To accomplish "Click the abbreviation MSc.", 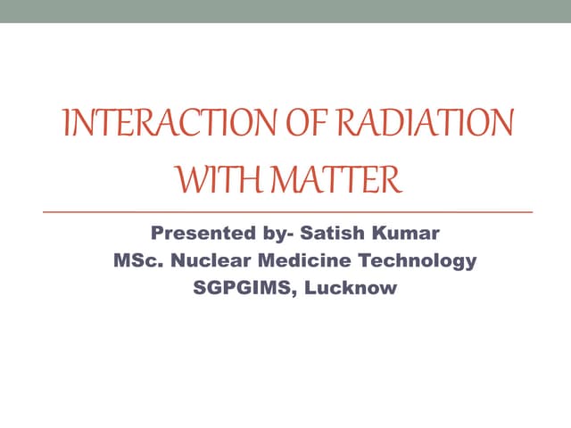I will click(135, 262).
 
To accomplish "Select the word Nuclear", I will click(203, 262).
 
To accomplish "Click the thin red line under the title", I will click(285, 212).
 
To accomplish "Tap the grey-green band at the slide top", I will click(285, 12).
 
